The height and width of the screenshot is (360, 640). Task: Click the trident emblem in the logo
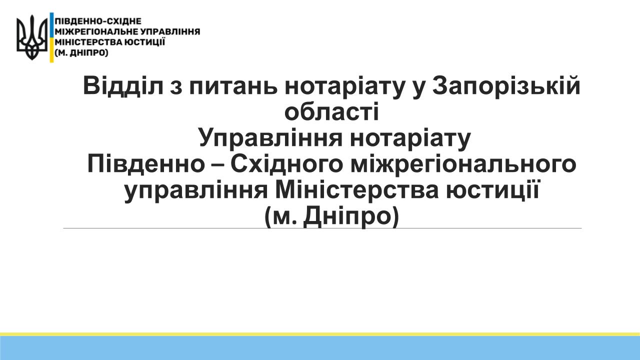pos(31,37)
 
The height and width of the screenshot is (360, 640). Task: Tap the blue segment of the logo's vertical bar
pos(51,25)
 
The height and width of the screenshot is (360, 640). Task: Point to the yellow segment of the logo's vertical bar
pos(51,50)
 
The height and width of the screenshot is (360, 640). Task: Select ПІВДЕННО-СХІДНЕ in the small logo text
pos(98,21)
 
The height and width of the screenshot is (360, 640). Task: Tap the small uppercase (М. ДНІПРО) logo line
pos(81,53)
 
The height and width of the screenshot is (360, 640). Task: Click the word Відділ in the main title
pos(123,86)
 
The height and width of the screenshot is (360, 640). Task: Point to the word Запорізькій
pos(506,86)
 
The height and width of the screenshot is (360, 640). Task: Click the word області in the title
pos(331,111)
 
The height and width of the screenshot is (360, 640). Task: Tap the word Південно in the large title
pos(146,164)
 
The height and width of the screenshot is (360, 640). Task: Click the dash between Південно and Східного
pos(217,165)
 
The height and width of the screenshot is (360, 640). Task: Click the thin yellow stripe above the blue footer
pos(320,334)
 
